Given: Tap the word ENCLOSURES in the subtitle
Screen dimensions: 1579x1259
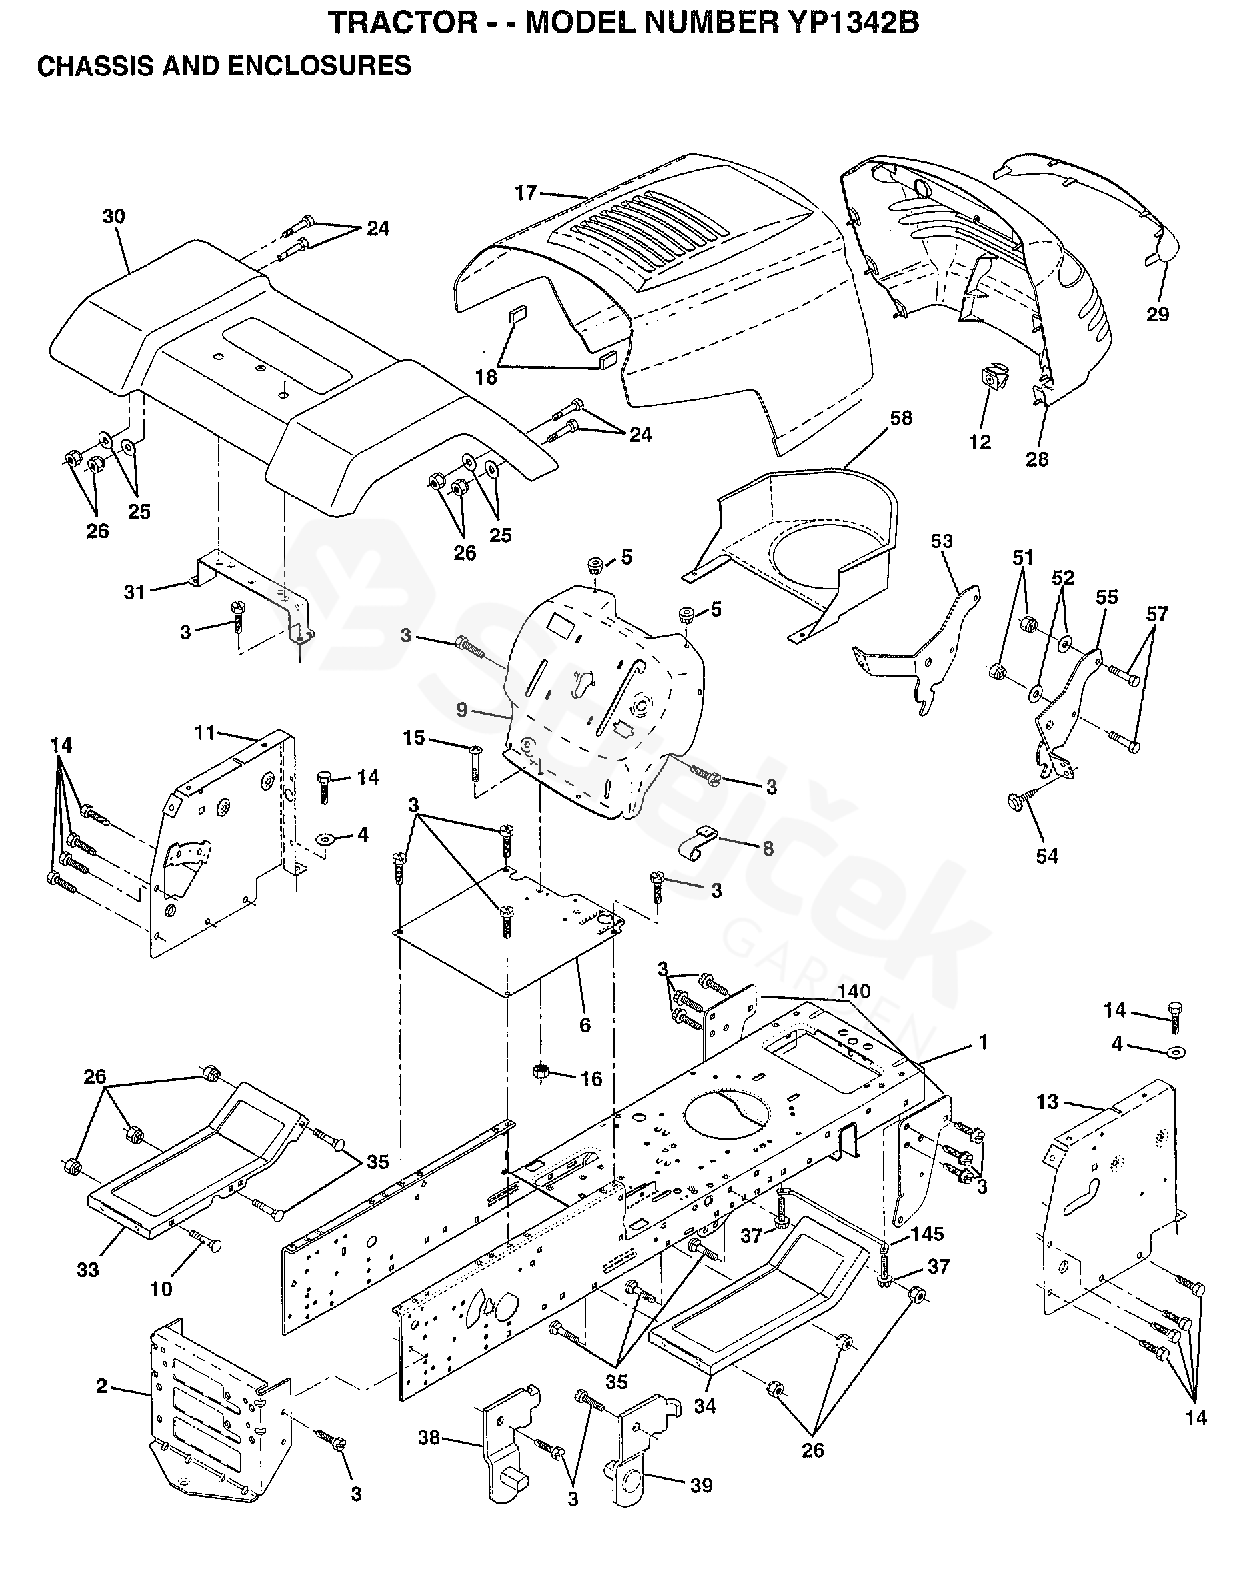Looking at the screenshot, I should [x=319, y=66].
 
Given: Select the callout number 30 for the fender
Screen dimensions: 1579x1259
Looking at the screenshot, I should [x=113, y=217].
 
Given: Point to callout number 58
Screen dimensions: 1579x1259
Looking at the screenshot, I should [x=901, y=418].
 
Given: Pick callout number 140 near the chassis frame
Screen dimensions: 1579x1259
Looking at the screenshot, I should [x=854, y=992].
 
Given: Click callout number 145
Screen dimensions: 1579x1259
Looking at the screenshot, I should [x=926, y=1234].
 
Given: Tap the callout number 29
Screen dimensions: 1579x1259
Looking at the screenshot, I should [x=1157, y=314].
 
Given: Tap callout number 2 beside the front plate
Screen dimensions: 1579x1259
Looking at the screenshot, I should [x=102, y=1386].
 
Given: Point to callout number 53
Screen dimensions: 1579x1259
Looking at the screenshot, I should [x=941, y=541].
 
